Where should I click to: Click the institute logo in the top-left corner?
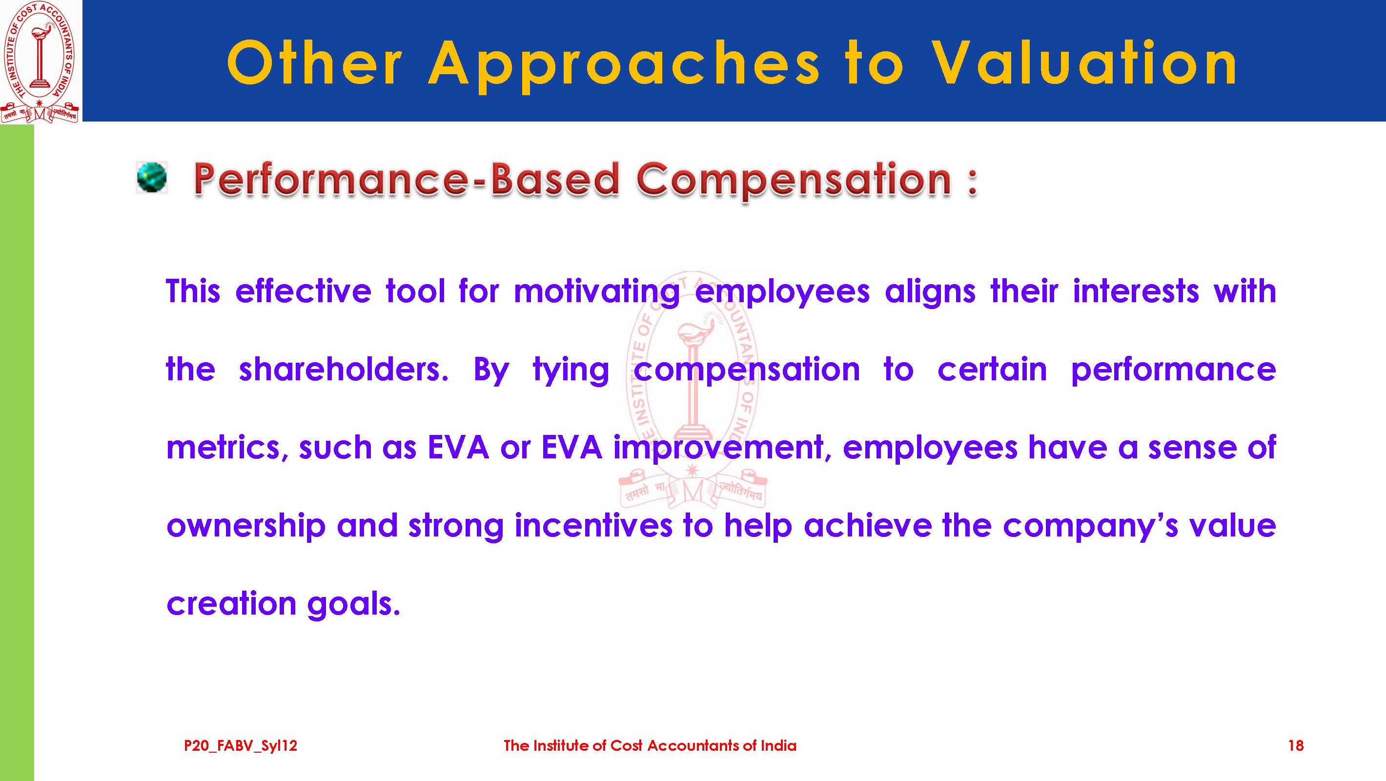pos(40,62)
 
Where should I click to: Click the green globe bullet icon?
pos(152,177)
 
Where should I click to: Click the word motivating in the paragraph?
pos(597,292)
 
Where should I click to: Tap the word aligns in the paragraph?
pos(930,292)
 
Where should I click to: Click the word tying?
pos(571,371)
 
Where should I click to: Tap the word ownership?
pos(246,526)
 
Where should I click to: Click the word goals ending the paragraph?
pos(353,604)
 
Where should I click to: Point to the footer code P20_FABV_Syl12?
pos(241,746)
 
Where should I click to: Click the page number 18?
pos(1296,745)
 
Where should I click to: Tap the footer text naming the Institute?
pos(650,745)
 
